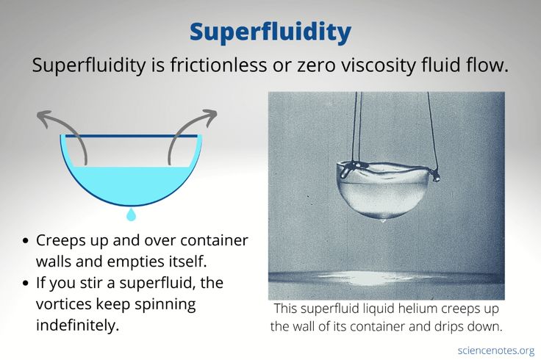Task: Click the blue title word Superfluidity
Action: [270, 32]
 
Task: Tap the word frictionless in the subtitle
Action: [212, 65]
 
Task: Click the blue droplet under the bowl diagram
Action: [131, 215]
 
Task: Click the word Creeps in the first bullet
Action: [62, 241]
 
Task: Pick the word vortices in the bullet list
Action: [65, 303]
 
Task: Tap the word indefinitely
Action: [77, 324]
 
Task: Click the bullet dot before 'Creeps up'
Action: [26, 242]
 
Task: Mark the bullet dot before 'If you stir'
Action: [26, 283]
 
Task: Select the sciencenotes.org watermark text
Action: [495, 350]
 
